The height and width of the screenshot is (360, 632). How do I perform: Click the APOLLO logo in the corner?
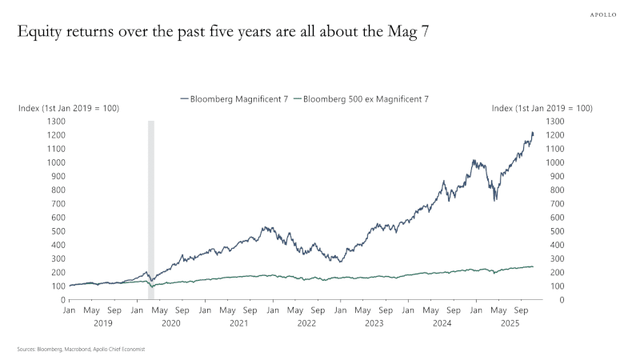coord(603,14)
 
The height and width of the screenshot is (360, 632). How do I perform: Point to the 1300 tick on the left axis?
coord(54,121)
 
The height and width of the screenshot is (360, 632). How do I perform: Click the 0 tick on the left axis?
coord(61,300)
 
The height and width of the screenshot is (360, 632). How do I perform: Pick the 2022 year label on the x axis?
coord(306,324)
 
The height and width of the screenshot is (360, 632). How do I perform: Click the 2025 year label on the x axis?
coord(509,324)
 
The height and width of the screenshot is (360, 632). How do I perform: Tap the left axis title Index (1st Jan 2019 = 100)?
coord(69,108)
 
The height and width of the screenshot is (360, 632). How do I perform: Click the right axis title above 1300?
coord(542,108)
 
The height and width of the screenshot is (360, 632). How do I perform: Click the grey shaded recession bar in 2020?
coord(151,208)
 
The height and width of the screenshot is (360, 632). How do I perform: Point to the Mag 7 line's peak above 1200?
coord(532,133)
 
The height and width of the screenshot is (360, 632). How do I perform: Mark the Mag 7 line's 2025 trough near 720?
coord(496,200)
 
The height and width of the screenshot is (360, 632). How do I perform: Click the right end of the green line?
coord(534,266)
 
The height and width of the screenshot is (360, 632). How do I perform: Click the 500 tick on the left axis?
coord(57,231)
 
